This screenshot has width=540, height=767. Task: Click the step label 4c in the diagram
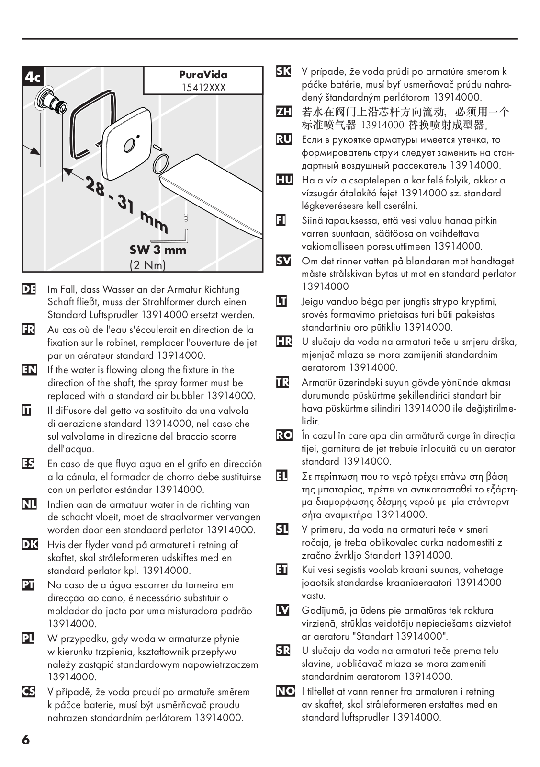(33, 77)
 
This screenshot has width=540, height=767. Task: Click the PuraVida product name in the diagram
(203, 75)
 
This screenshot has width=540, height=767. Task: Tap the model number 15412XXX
(203, 88)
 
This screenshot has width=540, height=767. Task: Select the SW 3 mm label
(157, 250)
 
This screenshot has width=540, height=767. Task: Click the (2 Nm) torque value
(147, 265)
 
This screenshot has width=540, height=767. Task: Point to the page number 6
(26, 740)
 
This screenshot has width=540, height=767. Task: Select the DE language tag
(29, 289)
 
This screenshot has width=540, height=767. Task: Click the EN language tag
(29, 370)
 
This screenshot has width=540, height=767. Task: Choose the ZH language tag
(284, 112)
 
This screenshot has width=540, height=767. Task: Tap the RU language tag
(284, 139)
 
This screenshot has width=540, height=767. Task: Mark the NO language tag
(285, 691)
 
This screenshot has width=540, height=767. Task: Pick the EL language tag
(283, 476)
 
